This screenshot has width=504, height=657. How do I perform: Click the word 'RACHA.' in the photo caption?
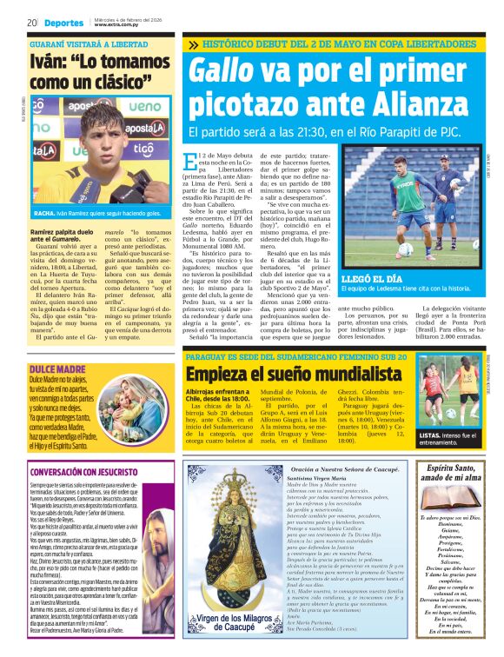(45, 212)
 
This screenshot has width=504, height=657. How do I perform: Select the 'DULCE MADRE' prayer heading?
(52, 345)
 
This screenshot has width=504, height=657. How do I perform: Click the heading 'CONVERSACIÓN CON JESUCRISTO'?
(85, 471)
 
